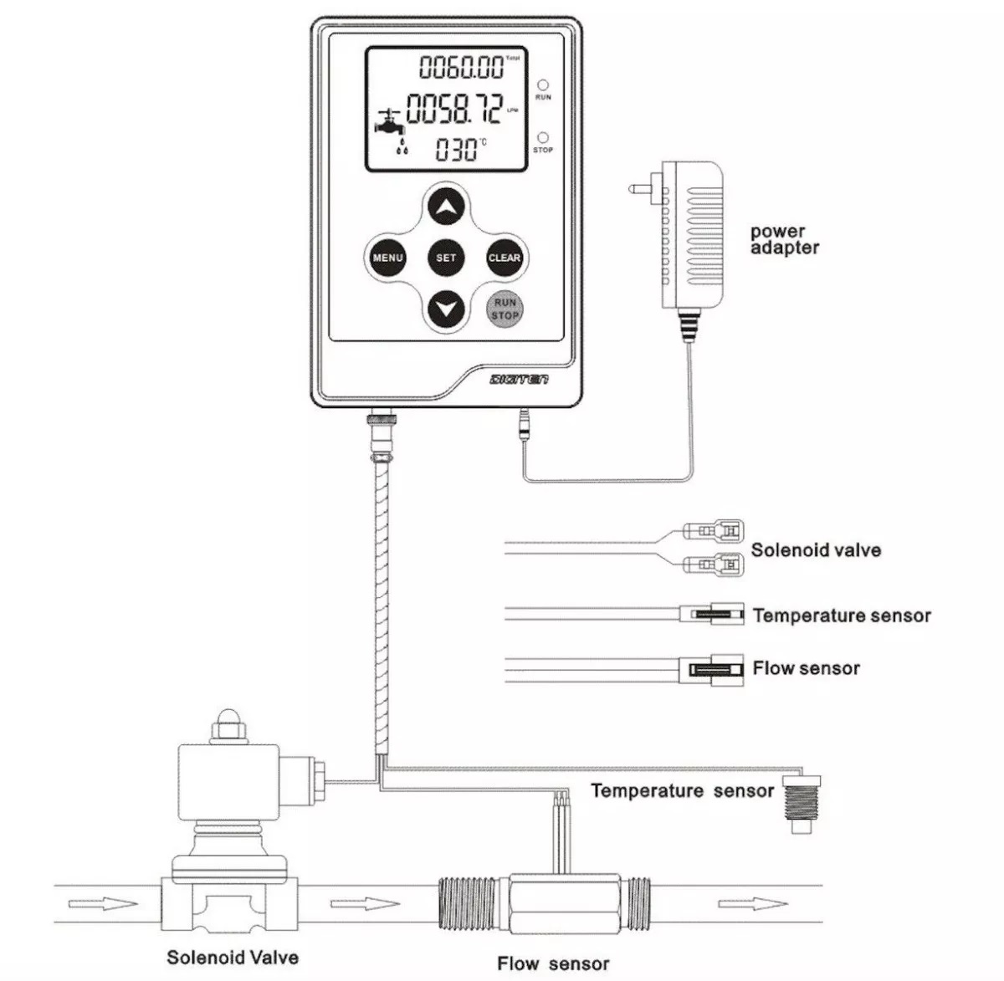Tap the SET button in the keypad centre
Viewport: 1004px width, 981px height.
click(x=446, y=258)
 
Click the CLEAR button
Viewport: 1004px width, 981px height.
click(x=504, y=258)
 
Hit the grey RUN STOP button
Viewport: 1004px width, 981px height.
click(x=505, y=309)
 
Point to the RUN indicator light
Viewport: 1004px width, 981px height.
click(x=543, y=84)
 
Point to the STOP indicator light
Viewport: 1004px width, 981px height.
click(x=543, y=136)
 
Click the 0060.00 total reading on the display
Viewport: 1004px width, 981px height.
click(x=462, y=66)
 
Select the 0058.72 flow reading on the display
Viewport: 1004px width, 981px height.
click(x=454, y=109)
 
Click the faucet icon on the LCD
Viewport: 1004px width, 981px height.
click(x=389, y=126)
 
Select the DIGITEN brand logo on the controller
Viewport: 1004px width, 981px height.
click(x=519, y=380)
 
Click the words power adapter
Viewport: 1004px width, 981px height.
click(x=784, y=239)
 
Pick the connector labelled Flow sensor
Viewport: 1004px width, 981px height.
click(x=715, y=670)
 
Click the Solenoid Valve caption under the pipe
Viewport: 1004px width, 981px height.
click(x=233, y=958)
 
